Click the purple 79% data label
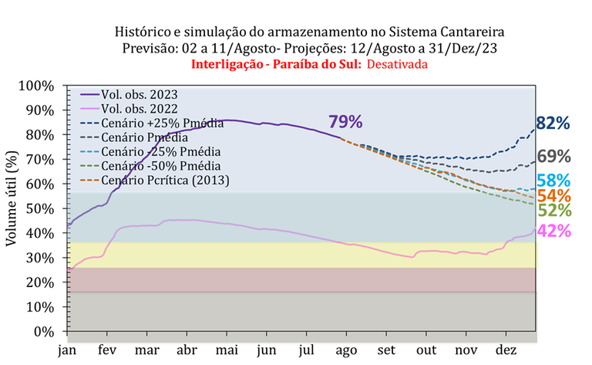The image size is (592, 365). (x=345, y=122)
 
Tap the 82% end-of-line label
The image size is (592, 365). (x=553, y=123)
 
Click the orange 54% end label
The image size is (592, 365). (x=553, y=196)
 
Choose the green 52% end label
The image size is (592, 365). (x=553, y=211)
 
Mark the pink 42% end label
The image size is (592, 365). (x=553, y=230)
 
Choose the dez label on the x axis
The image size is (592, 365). (x=510, y=350)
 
